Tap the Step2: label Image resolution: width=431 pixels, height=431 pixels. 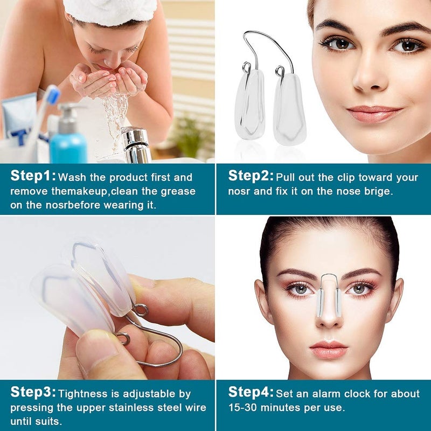[251, 176]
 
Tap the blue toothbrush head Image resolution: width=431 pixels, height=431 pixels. [52, 95]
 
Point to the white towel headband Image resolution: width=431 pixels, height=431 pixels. [110, 11]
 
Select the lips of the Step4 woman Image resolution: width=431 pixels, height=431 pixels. [329, 349]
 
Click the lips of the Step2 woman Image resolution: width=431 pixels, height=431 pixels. [374, 114]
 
